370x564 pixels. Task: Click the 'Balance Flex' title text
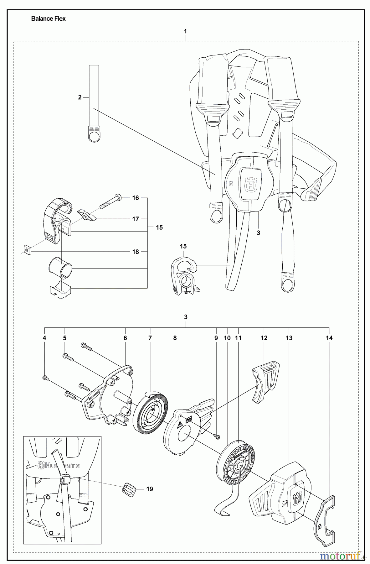point(48,18)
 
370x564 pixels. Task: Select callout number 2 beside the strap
point(80,97)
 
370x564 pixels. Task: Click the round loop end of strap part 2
point(94,135)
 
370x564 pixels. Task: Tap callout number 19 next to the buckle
point(150,489)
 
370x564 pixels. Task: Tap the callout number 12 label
point(264,338)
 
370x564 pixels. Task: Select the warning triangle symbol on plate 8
point(181,425)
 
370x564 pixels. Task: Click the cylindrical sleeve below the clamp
point(60,267)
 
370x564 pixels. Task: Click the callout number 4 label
point(44,338)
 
